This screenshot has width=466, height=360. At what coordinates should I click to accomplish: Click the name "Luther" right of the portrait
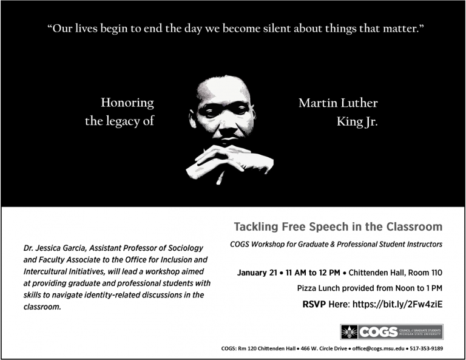point(359,103)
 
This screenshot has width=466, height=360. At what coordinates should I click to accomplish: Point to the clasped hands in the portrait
point(229,162)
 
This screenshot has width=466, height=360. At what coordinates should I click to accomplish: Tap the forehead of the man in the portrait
point(223,90)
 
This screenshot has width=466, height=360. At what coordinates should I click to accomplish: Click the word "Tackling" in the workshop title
point(256,227)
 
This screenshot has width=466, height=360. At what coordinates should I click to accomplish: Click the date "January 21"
point(257,273)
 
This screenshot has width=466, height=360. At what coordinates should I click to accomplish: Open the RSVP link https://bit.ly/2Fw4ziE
point(397,304)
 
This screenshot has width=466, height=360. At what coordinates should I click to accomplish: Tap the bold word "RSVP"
point(314,304)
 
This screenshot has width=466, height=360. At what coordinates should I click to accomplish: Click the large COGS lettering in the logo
point(379,332)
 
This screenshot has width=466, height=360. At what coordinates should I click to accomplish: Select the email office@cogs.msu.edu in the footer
point(379,348)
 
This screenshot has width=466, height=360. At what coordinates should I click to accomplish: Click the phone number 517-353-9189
point(426,348)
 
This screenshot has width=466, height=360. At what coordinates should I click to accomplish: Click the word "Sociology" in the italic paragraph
point(186,248)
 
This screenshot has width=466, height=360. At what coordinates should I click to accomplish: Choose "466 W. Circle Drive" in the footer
point(323,348)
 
